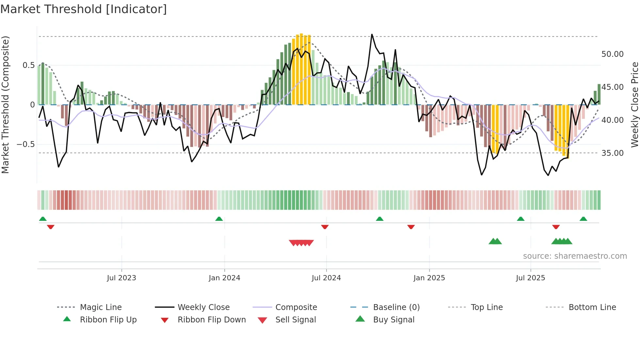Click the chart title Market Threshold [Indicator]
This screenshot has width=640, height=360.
click(x=84, y=9)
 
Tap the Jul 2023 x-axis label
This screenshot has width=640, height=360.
click(x=121, y=278)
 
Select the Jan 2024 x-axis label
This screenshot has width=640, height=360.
click(x=224, y=278)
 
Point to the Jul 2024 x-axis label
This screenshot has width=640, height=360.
click(x=326, y=278)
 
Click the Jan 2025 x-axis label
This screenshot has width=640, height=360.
click(x=429, y=278)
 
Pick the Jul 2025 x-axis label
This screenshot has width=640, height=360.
click(x=530, y=278)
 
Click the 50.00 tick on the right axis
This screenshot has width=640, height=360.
click(x=612, y=54)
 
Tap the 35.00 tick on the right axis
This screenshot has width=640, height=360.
click(x=612, y=153)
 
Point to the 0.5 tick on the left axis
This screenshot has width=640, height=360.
click(x=28, y=65)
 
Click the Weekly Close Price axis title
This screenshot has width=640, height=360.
click(x=634, y=105)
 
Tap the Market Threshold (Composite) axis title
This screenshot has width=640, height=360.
click(x=5, y=105)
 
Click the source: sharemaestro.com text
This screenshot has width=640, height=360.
click(x=575, y=256)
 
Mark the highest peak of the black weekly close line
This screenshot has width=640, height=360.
click(x=372, y=34)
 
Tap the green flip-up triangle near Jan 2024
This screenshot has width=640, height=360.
click(x=219, y=219)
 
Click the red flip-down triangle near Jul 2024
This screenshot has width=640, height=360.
click(x=325, y=227)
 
